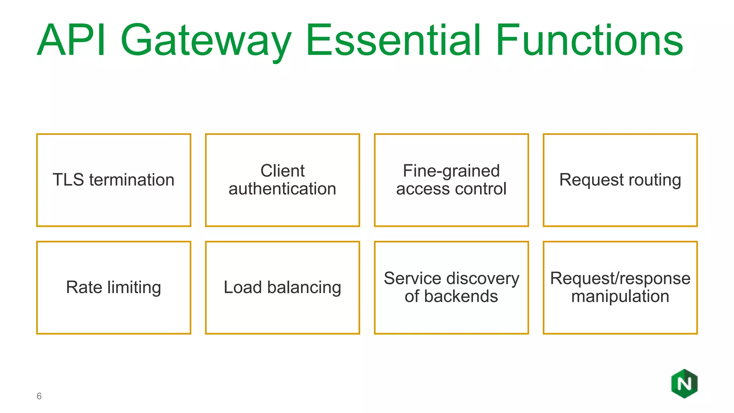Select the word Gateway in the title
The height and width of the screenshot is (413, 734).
[206, 41]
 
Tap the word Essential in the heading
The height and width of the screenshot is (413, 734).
[393, 40]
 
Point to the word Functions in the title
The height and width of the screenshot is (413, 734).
[589, 40]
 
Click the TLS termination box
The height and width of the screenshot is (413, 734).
[114, 180]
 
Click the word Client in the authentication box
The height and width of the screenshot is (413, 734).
[282, 171]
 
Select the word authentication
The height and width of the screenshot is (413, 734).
[282, 189]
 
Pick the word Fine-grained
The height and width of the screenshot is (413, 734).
[451, 171]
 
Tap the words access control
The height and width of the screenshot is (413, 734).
[451, 189]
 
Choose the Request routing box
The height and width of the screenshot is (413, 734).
[620, 180]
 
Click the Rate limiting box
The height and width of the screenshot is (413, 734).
[114, 288]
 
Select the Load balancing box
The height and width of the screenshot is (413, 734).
[282, 288]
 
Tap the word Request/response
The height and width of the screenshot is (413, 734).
[620, 279]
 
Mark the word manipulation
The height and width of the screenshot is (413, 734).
[620, 296]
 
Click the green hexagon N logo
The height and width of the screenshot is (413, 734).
[684, 384]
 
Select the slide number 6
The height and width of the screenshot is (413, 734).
[39, 396]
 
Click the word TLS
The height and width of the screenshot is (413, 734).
[68, 180]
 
